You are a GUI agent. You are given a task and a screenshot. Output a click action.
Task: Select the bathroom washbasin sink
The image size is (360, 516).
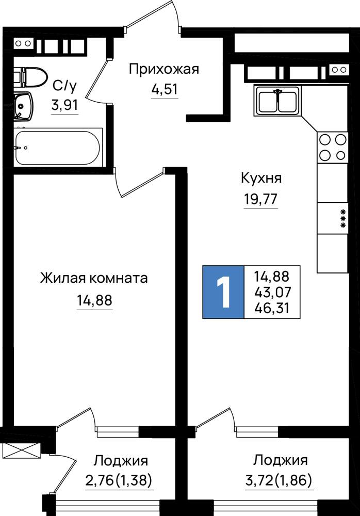[x=23, y=106]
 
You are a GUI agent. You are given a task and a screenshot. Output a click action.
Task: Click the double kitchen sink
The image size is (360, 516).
[x=277, y=101]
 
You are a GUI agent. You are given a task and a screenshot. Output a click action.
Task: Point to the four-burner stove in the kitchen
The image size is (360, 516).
[x=332, y=147]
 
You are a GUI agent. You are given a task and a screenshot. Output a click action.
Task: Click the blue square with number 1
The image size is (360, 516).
[x=223, y=292]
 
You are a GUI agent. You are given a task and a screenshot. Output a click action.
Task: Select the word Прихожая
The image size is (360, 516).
[x=164, y=70]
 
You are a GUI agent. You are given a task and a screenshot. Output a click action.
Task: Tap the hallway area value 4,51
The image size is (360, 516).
[x=165, y=89]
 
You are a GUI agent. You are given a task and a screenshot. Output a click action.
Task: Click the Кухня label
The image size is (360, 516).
[x=261, y=179]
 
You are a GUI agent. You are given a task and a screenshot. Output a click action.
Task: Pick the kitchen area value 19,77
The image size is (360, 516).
[x=260, y=199]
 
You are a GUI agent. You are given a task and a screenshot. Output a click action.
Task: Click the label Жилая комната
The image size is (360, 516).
[x=94, y=279]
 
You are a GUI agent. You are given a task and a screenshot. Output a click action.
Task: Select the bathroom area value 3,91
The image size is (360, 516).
[x=65, y=106]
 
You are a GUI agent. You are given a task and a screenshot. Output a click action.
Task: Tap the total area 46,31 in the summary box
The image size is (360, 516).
[x=272, y=309]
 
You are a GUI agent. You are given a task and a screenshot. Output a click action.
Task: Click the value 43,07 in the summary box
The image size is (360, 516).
[x=272, y=292]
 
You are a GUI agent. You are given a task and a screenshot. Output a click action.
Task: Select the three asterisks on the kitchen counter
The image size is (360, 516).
[x=343, y=218]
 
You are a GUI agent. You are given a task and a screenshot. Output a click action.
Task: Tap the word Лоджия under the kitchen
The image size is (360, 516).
[x=281, y=460]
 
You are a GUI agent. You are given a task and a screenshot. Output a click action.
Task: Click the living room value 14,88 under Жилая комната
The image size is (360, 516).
[x=94, y=300]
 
